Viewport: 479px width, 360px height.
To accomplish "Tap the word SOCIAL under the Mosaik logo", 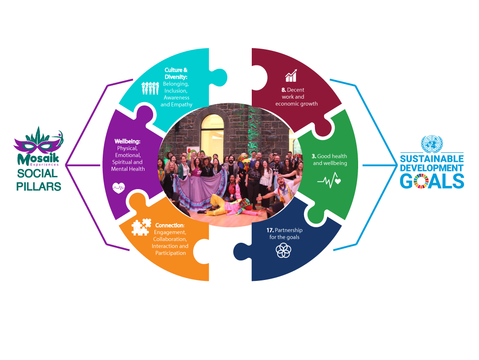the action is point(38,174).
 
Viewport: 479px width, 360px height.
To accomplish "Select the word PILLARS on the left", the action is point(39,186).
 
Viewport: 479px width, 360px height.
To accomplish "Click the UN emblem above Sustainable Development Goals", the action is point(432,144).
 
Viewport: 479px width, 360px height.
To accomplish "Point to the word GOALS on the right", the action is point(432,181).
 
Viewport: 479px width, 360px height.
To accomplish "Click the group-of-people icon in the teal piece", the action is point(150,88).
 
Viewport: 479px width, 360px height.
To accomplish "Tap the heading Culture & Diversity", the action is point(176,73).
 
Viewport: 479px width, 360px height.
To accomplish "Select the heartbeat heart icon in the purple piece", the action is point(119,188).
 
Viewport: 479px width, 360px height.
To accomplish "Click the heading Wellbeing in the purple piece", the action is point(127,141).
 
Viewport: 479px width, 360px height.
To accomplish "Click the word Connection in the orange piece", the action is point(170,225).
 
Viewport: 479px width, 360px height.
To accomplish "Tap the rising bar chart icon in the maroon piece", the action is point(291,75).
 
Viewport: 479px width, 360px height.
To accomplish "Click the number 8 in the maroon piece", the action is point(284,90).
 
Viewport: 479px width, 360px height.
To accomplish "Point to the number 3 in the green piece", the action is point(314,156).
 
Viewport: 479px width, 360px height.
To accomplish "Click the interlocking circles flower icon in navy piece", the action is point(284,250).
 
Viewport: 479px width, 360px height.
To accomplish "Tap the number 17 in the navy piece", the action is point(270,230).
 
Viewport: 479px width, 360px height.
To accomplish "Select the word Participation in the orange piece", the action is point(170,253).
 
